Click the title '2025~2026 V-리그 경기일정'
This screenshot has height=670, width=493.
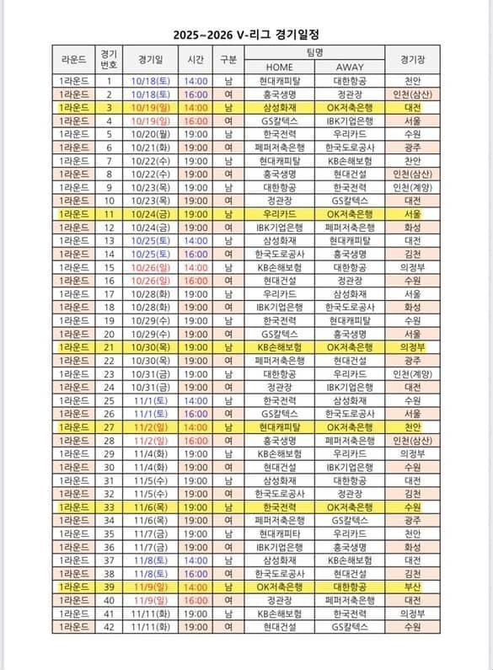pyautogui.click(x=246, y=35)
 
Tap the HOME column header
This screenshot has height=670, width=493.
pyautogui.click(x=279, y=67)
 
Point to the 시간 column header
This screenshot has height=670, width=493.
pyautogui.click(x=196, y=60)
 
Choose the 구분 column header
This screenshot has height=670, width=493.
pyautogui.click(x=228, y=60)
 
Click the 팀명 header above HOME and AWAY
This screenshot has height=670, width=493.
pyautogui.click(x=314, y=52)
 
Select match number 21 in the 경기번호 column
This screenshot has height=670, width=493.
pyautogui.click(x=109, y=346)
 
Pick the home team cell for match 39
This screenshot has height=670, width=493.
pyautogui.click(x=279, y=587)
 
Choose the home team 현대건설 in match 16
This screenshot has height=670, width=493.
pyautogui.click(x=279, y=280)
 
